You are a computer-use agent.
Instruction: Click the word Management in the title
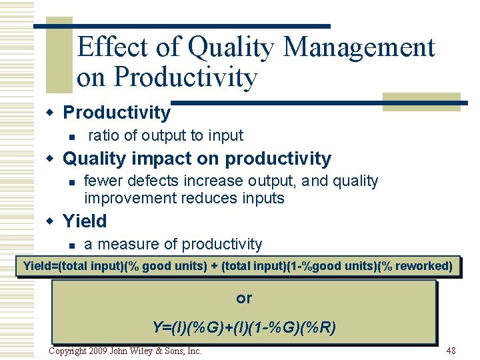[x=359, y=48]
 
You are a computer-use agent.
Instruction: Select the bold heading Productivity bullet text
[x=117, y=113]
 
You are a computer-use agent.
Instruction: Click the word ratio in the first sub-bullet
[x=103, y=136]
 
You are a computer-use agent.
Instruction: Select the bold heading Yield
[x=85, y=221]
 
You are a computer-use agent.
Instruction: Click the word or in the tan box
[x=244, y=299]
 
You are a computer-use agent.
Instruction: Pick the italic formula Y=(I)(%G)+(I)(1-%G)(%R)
[x=244, y=327]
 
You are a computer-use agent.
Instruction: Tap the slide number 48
[x=451, y=351]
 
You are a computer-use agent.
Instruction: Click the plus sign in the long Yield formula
[x=214, y=267]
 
